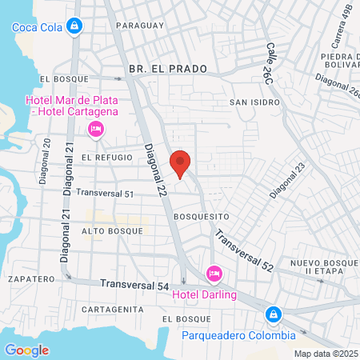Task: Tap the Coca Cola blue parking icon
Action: click(74, 26)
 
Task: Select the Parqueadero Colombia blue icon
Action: click(274, 314)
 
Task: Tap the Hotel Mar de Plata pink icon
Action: click(95, 129)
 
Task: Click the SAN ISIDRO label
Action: click(254, 102)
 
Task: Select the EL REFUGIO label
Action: click(106, 158)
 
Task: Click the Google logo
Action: click(26, 350)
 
